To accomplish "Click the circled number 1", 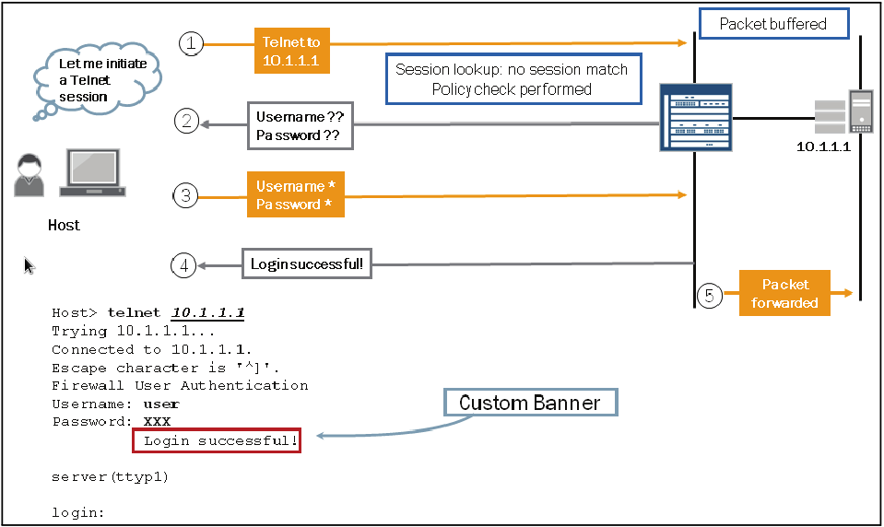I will (190, 43).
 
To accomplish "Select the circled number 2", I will (187, 122).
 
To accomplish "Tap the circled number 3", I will (186, 194).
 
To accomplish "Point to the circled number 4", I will (184, 265).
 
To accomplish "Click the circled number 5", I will (709, 296).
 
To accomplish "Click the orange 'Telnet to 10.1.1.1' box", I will (292, 50).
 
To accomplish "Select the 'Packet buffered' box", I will (772, 24).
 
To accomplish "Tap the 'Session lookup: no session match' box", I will (512, 79).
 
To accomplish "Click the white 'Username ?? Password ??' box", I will (300, 126).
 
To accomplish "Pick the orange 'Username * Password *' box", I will (295, 194).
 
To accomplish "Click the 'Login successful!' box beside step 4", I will (307, 265).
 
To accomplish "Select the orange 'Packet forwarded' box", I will (784, 293).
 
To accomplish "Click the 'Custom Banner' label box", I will (529, 403).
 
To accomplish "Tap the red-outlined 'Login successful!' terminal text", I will (217, 440).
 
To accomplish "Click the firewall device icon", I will (695, 117).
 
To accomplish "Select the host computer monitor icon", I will (92, 173).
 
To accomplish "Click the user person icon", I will (29, 175).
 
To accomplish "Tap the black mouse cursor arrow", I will (29, 266).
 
